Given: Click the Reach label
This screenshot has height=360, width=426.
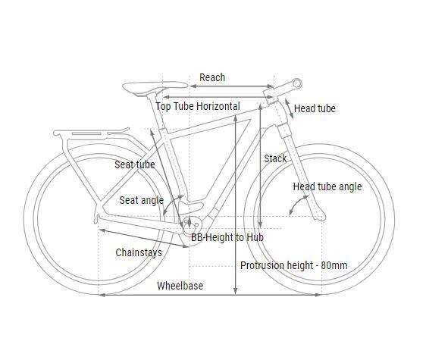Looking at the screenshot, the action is [x=212, y=77].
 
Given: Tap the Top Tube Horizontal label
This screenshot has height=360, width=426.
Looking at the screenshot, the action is [x=198, y=106].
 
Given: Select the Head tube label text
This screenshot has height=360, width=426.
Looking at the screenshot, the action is [x=315, y=108].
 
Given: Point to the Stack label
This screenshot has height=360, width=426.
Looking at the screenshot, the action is [x=275, y=158].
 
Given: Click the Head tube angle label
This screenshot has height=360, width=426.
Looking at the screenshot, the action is [x=327, y=186].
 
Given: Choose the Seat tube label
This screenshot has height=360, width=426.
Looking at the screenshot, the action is [x=134, y=164].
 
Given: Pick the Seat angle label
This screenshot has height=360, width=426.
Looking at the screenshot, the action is [x=141, y=201].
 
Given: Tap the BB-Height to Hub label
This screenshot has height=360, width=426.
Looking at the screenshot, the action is [x=227, y=237].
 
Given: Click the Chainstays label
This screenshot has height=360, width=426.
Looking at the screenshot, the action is [x=139, y=252].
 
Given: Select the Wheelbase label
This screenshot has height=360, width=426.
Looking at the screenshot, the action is [x=180, y=286].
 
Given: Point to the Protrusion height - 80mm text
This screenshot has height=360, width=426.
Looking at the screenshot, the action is [x=293, y=265].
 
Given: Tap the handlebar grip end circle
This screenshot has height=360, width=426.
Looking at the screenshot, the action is [x=297, y=83].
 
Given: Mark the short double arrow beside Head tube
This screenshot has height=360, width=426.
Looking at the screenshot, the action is [x=289, y=109].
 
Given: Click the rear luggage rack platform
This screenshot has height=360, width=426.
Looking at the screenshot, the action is [x=92, y=133].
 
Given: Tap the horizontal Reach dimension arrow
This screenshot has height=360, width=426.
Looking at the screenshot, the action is [x=232, y=86].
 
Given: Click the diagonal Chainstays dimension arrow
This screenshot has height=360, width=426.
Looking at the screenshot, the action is [x=144, y=239].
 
